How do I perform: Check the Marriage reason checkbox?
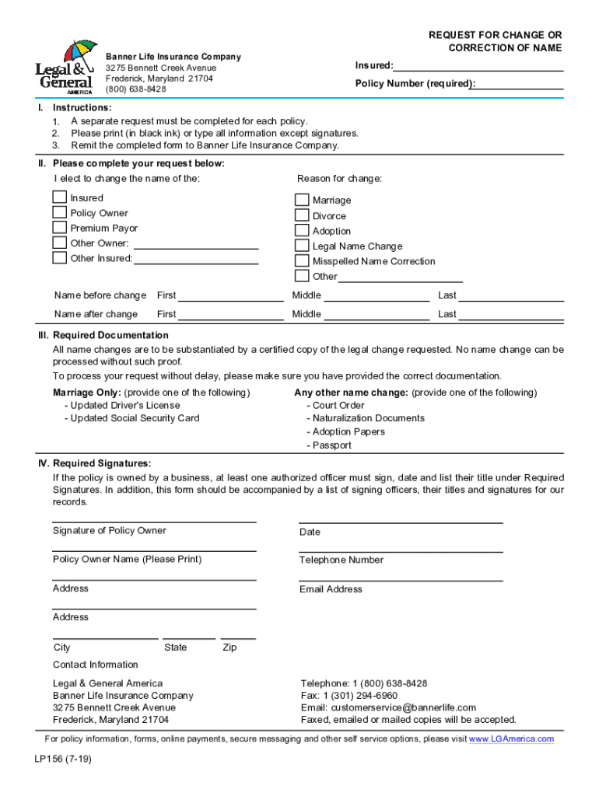[x=302, y=200]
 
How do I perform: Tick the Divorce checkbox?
[x=302, y=215]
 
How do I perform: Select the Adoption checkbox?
[x=302, y=230]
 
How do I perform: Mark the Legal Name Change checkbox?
[x=302, y=246]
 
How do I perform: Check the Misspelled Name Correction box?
[x=302, y=261]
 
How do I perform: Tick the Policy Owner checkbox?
[x=59, y=212]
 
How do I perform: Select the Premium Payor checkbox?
[x=59, y=228]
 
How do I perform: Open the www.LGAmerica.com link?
[x=511, y=738]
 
